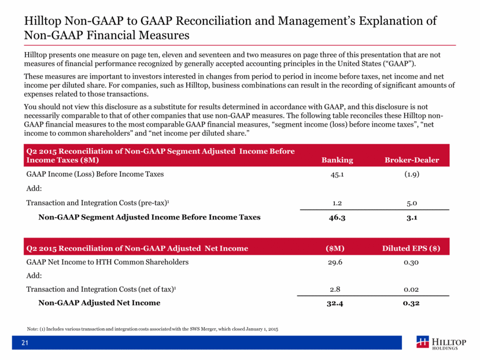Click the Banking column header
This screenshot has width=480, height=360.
337,160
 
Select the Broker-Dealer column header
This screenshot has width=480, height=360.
412,160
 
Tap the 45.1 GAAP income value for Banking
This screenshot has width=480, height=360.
337,175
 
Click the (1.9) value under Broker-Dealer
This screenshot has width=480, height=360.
412,175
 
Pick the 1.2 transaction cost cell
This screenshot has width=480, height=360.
337,203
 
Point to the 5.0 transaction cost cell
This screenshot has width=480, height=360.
412,203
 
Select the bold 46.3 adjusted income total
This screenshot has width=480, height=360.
337,217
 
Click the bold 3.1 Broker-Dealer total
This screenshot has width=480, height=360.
412,217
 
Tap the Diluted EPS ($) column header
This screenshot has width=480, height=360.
411,248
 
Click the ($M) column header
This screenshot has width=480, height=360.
335,248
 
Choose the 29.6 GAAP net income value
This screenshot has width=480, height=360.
335,262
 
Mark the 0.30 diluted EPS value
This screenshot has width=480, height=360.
411,262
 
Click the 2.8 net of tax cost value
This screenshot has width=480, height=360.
335,290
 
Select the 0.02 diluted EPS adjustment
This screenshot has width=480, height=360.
411,290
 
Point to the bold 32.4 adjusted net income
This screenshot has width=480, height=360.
335,303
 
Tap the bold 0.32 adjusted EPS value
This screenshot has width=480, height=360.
411,303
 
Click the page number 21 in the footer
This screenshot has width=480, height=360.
25,343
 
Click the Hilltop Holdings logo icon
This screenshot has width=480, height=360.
423,342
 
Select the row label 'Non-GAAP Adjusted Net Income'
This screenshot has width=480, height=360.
99,303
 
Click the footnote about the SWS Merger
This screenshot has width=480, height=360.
153,329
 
